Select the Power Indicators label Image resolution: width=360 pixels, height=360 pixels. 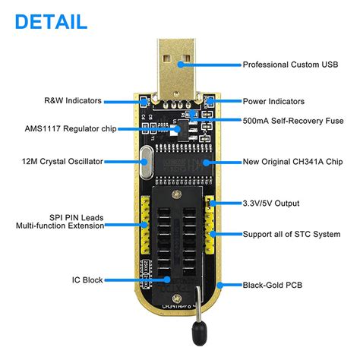[273, 101]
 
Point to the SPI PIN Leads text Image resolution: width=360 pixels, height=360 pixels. [71, 218]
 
